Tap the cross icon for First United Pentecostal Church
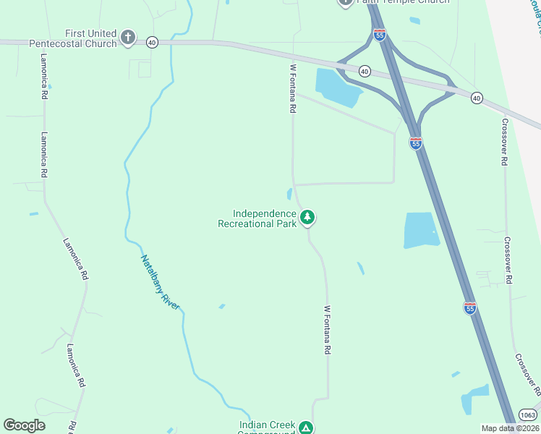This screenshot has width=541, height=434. (128, 37)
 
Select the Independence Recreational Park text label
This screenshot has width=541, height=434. (257, 218)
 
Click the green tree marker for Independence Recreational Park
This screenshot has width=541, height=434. (307, 216)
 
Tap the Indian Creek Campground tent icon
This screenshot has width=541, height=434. (307, 427)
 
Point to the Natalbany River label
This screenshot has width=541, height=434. (160, 282)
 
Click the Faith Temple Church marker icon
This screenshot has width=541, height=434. (345, 2)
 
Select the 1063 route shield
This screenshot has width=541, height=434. (527, 414)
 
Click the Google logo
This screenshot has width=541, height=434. (24, 425)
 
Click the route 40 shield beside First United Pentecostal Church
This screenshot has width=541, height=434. (151, 43)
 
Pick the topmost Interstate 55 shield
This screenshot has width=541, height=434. (380, 34)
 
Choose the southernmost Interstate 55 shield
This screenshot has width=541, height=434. (469, 308)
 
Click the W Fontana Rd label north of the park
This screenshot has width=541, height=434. (293, 89)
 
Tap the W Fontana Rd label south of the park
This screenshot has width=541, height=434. (327, 329)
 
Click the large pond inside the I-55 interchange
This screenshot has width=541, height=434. (336, 85)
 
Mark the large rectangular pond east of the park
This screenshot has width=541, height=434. (420, 231)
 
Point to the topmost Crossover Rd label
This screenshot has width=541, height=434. (504, 142)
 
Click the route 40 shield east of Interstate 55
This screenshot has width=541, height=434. (476, 97)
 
